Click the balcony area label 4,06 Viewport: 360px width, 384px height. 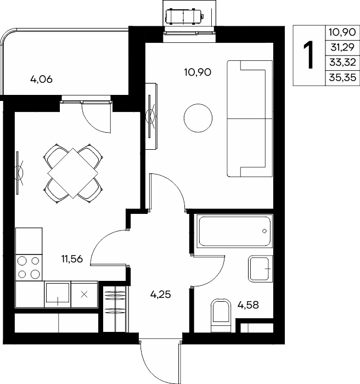click(x=41, y=80)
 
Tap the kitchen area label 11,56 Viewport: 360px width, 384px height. click(x=72, y=258)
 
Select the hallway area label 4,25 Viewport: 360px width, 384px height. click(x=160, y=294)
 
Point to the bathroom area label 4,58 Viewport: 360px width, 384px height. click(x=248, y=305)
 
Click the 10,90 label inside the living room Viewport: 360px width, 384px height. click(x=198, y=72)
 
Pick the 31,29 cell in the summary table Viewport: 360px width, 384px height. click(x=342, y=47)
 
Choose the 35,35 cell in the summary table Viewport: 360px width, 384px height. click(x=342, y=78)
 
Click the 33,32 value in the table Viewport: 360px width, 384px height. click(x=342, y=63)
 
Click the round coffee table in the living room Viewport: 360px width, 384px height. click(x=198, y=118)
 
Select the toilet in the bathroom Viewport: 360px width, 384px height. click(x=221, y=315)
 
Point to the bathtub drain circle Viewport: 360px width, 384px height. click(x=264, y=231)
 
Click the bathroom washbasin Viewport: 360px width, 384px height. click(x=261, y=269)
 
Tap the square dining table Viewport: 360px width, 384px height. click(x=73, y=173)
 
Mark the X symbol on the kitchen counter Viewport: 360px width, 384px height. click(x=84, y=295)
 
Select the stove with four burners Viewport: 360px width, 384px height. click(x=29, y=268)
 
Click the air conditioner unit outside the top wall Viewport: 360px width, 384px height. click(x=183, y=16)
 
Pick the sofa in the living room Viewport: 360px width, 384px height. click(x=250, y=119)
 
